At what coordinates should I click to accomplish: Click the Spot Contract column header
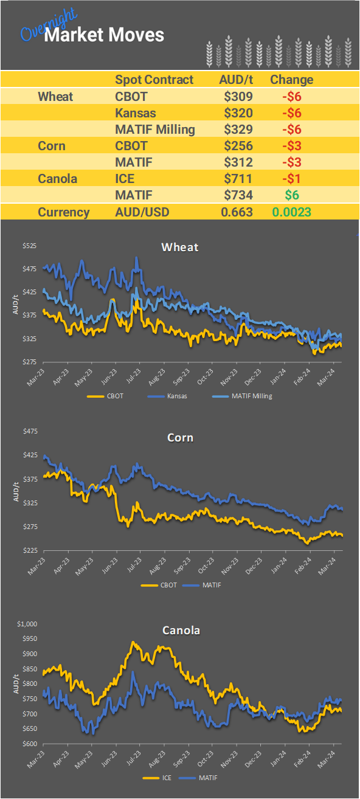click(x=154, y=80)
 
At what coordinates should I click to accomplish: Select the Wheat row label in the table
click(x=55, y=97)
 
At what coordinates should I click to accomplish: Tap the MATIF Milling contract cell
click(x=155, y=130)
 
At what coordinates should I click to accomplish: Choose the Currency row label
click(x=63, y=212)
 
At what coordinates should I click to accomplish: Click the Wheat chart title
click(x=179, y=247)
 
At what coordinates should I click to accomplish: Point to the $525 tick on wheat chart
click(x=30, y=246)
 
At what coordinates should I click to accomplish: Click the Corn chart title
click(x=179, y=437)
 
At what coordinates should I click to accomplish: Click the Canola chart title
click(x=181, y=630)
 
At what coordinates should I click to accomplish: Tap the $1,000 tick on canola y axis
click(x=27, y=624)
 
